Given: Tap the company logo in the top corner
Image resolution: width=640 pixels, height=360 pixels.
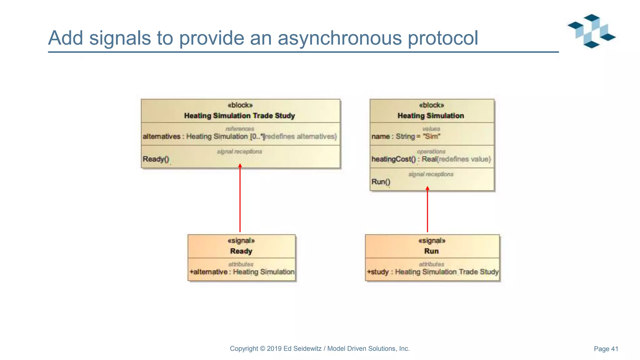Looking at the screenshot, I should (592, 31).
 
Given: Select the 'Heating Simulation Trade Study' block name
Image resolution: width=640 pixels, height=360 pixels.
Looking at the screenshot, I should (239, 116).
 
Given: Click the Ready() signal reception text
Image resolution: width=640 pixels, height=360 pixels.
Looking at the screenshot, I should (156, 159).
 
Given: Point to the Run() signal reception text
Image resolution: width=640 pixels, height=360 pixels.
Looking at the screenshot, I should (381, 182).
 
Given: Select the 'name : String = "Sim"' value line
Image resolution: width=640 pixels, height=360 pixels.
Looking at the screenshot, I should (406, 137).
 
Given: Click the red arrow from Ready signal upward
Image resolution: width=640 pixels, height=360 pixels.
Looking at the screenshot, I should (240, 200).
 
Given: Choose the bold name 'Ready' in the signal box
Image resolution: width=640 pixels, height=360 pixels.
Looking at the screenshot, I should (241, 251).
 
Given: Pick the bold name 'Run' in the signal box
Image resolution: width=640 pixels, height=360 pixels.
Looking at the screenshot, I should (431, 251).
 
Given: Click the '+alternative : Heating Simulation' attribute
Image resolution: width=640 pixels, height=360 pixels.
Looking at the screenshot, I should (242, 272).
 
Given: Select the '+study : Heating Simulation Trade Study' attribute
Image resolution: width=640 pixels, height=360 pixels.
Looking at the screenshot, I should (432, 272).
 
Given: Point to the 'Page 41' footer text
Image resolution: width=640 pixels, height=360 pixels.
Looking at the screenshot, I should (606, 349).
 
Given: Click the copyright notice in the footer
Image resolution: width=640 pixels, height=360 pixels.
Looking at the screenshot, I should (319, 348).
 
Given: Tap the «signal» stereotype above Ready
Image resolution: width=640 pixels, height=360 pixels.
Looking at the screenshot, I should (241, 241).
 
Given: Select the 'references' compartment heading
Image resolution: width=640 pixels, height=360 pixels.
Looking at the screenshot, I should (240, 129).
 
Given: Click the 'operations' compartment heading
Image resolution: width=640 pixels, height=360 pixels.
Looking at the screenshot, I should (431, 151).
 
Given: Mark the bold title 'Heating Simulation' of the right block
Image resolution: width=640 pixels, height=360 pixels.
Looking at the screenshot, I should (431, 116).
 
